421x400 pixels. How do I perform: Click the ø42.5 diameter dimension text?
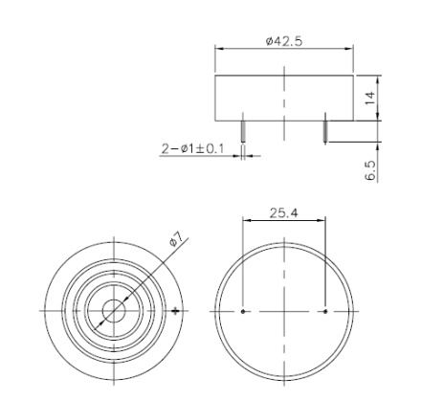pos(284,42)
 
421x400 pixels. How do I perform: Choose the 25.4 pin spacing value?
pos(284,212)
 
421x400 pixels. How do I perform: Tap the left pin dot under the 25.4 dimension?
pos(245,311)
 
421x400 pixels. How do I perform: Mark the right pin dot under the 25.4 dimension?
pos(325,311)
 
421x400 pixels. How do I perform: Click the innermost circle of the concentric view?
pos(114,311)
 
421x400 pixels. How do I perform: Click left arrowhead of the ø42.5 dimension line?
pos(219,51)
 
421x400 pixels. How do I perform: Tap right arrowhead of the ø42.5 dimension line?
pos(350,51)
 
